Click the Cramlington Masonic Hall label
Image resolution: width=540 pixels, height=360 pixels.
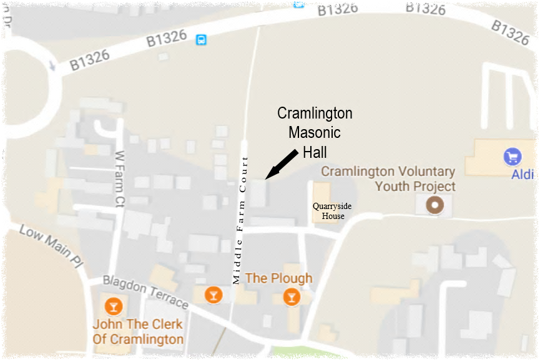(x=315, y=132)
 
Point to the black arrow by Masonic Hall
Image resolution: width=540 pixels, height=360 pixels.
(x=281, y=164)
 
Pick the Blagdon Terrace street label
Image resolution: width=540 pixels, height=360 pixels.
(x=145, y=292)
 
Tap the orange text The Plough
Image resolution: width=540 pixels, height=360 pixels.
(x=279, y=278)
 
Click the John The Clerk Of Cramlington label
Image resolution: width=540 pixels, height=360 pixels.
(x=137, y=332)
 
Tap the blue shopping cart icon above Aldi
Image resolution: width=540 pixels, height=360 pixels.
(x=513, y=157)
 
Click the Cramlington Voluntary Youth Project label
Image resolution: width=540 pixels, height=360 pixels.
(x=387, y=178)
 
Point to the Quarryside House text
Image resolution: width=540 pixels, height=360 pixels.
(x=328, y=211)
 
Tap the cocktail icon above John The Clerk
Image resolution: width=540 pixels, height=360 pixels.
(x=113, y=306)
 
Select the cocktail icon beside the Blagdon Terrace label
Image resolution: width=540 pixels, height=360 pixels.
(x=214, y=294)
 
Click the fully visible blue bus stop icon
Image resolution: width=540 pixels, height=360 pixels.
(x=201, y=40)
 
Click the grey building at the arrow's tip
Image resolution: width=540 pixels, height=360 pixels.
(x=257, y=193)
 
